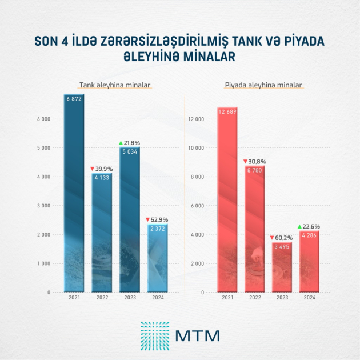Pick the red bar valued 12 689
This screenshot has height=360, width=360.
(x=227, y=200)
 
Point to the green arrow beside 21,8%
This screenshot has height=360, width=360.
(x=121, y=143)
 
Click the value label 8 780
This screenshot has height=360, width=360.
(x=254, y=170)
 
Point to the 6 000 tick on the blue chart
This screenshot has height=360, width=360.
(x=43, y=119)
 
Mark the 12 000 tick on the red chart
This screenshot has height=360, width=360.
(x=195, y=119)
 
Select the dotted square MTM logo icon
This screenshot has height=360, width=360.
(x=154, y=335)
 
